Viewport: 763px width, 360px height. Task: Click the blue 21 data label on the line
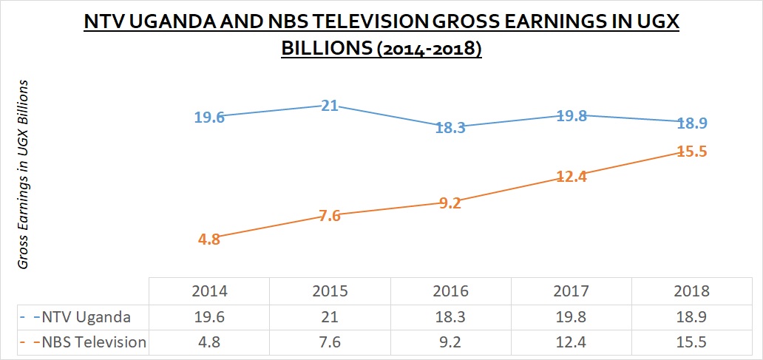pyautogui.click(x=329, y=105)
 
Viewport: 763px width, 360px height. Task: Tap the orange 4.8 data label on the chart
pyautogui.click(x=209, y=240)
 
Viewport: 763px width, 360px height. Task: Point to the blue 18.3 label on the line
pyautogui.click(x=450, y=128)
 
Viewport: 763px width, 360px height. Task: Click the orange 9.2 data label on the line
pyautogui.click(x=450, y=203)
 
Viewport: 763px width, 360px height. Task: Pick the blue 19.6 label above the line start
pyautogui.click(x=209, y=116)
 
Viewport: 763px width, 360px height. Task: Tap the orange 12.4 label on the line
pyautogui.click(x=571, y=177)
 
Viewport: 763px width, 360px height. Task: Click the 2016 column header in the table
pyautogui.click(x=450, y=291)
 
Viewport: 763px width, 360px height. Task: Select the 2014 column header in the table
pyautogui.click(x=209, y=291)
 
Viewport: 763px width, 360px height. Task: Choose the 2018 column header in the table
pyautogui.click(x=691, y=291)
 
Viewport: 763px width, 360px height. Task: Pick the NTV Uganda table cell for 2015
pyautogui.click(x=330, y=317)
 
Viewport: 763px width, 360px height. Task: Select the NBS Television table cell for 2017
pyautogui.click(x=571, y=342)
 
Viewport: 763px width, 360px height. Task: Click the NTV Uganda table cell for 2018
pyautogui.click(x=691, y=317)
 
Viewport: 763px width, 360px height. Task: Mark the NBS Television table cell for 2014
pyautogui.click(x=209, y=342)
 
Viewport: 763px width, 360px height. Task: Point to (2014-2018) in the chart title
pyautogui.click(x=429, y=51)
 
